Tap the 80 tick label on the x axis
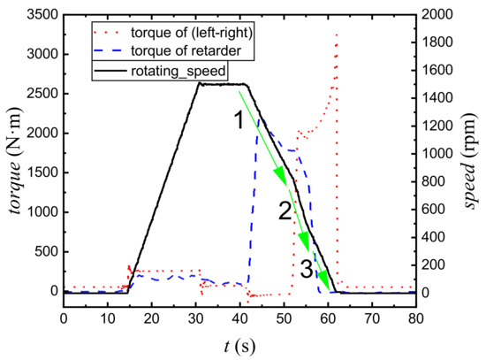[414, 314]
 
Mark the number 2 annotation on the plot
[284, 211]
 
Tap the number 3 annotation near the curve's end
[305, 266]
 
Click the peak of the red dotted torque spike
[337, 34]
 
